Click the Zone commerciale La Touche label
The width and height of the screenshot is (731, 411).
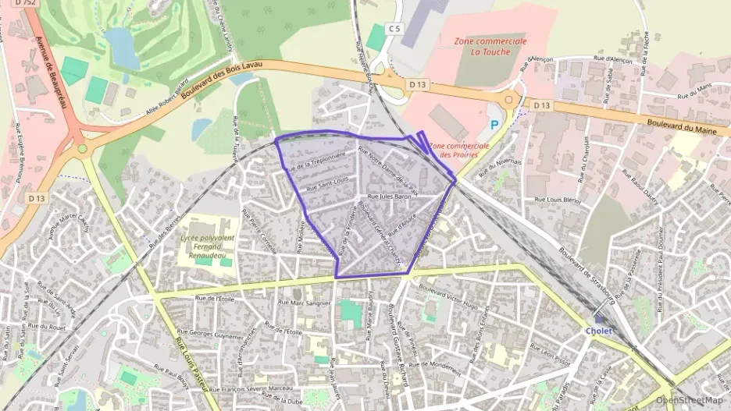[490, 46]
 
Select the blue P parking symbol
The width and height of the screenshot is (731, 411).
[494, 123]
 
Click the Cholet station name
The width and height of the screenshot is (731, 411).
[599, 330]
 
